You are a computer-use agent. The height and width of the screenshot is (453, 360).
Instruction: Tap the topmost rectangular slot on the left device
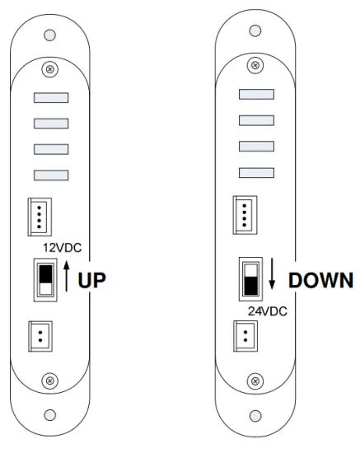click(x=50, y=98)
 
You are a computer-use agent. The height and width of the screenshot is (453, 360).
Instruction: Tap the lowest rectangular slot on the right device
click(x=256, y=171)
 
